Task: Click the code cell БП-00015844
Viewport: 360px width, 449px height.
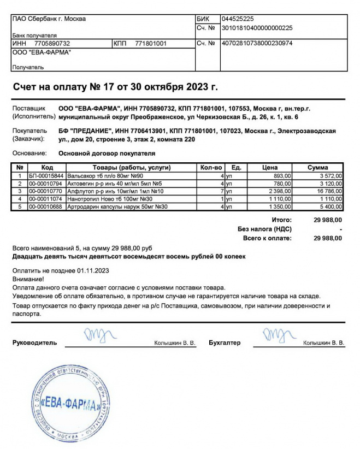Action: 46,176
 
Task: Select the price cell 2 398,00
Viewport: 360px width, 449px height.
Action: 280,192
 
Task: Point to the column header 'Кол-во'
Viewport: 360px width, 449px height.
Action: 211,168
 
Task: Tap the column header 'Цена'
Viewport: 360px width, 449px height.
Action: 270,168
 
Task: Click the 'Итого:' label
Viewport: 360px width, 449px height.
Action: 281,219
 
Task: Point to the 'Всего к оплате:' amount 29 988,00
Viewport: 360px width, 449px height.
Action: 328,238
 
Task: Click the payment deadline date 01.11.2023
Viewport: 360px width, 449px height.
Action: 93,270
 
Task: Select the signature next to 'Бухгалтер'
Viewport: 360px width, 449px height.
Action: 277,333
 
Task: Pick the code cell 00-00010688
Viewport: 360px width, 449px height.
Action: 46,207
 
